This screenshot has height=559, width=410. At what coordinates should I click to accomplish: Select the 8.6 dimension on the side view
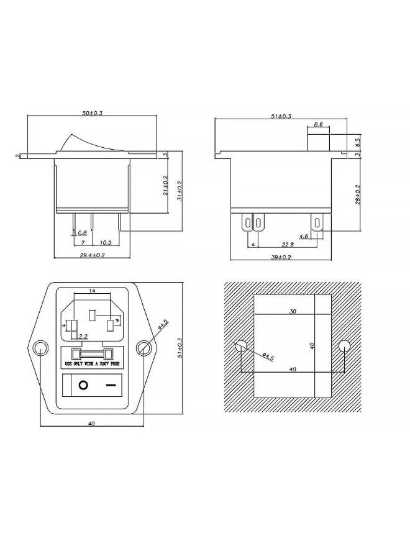(317, 125)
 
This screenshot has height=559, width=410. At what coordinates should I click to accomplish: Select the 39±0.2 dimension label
(281, 257)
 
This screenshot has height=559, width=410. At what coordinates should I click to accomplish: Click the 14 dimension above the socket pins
(92, 291)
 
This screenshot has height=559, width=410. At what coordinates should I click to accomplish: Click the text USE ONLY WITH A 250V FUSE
(91, 364)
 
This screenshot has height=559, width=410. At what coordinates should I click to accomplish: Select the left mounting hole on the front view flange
(40, 348)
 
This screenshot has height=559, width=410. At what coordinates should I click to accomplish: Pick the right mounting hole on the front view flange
(143, 348)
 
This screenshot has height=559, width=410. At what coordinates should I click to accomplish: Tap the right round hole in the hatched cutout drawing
(344, 346)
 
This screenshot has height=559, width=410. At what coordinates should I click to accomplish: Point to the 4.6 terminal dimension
(304, 237)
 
